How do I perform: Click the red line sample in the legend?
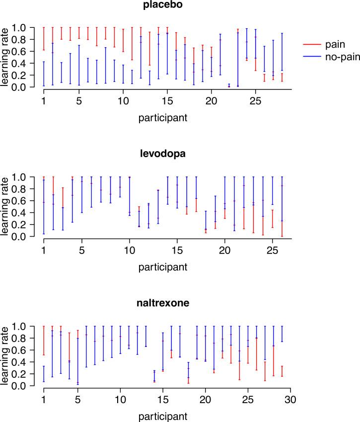coord(310,45)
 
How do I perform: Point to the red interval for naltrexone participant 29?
coord(282,371)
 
